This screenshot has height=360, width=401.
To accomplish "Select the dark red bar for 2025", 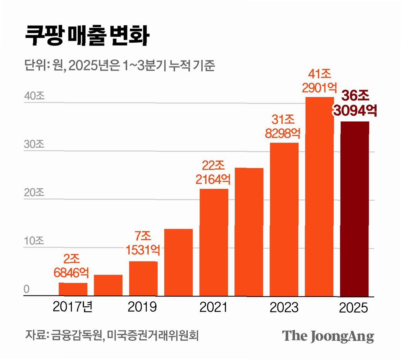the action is tap(355, 209).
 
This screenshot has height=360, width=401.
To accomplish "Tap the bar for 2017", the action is tap(73, 289).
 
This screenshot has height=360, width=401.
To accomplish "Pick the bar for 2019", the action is tap(143, 279).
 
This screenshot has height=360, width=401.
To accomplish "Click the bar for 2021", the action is tap(214, 242).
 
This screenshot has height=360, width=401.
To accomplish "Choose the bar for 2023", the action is tap(284, 219).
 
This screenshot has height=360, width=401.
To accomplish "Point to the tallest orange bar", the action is tap(319, 197).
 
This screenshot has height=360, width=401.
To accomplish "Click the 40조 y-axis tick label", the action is tap(34, 96).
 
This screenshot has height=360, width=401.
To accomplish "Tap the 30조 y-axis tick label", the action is tap(34, 144).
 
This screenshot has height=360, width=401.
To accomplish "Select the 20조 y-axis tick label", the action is tap(34, 192).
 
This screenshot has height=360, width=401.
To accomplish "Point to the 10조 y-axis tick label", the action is tap(34, 241).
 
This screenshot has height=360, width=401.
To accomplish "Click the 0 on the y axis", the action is tap(27, 289).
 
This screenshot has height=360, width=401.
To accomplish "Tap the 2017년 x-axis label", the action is tap(73, 307).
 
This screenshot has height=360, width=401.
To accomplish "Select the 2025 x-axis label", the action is tap(353, 308).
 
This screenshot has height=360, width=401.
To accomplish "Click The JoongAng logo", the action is tap(328, 336).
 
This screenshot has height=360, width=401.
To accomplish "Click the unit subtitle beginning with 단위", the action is tap(119, 65).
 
